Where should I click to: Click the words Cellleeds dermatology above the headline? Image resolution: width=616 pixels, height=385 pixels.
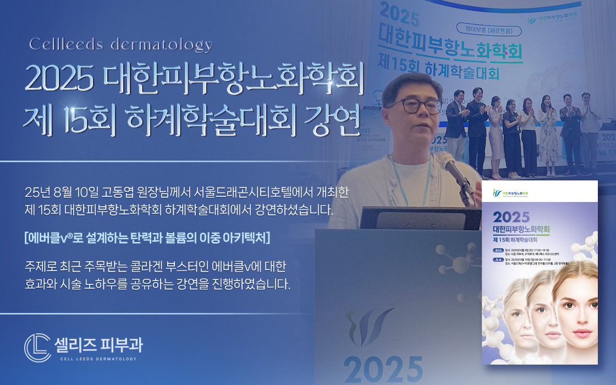120,45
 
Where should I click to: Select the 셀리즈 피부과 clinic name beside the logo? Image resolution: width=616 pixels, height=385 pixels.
98,344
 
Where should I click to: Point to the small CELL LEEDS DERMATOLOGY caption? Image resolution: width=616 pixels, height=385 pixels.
98,359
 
